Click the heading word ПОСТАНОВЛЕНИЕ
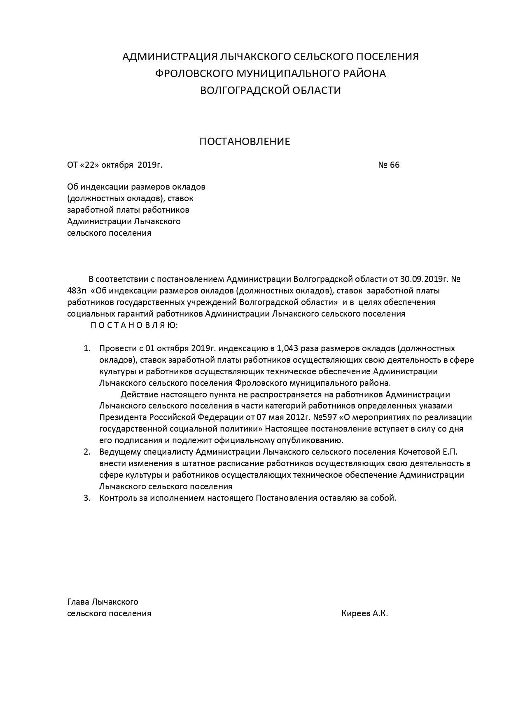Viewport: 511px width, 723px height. click(245, 142)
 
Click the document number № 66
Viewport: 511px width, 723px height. click(388, 165)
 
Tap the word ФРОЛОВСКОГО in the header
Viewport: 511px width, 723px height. click(193, 73)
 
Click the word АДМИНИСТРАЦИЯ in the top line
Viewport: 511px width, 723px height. click(170, 56)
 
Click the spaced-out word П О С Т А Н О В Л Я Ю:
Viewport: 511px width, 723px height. click(134, 325)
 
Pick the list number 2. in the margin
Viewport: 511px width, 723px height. click(87, 452)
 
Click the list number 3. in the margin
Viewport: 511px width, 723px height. click(87, 498)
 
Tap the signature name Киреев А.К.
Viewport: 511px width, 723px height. click(364, 613)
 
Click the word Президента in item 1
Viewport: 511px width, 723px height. click(123, 417)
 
